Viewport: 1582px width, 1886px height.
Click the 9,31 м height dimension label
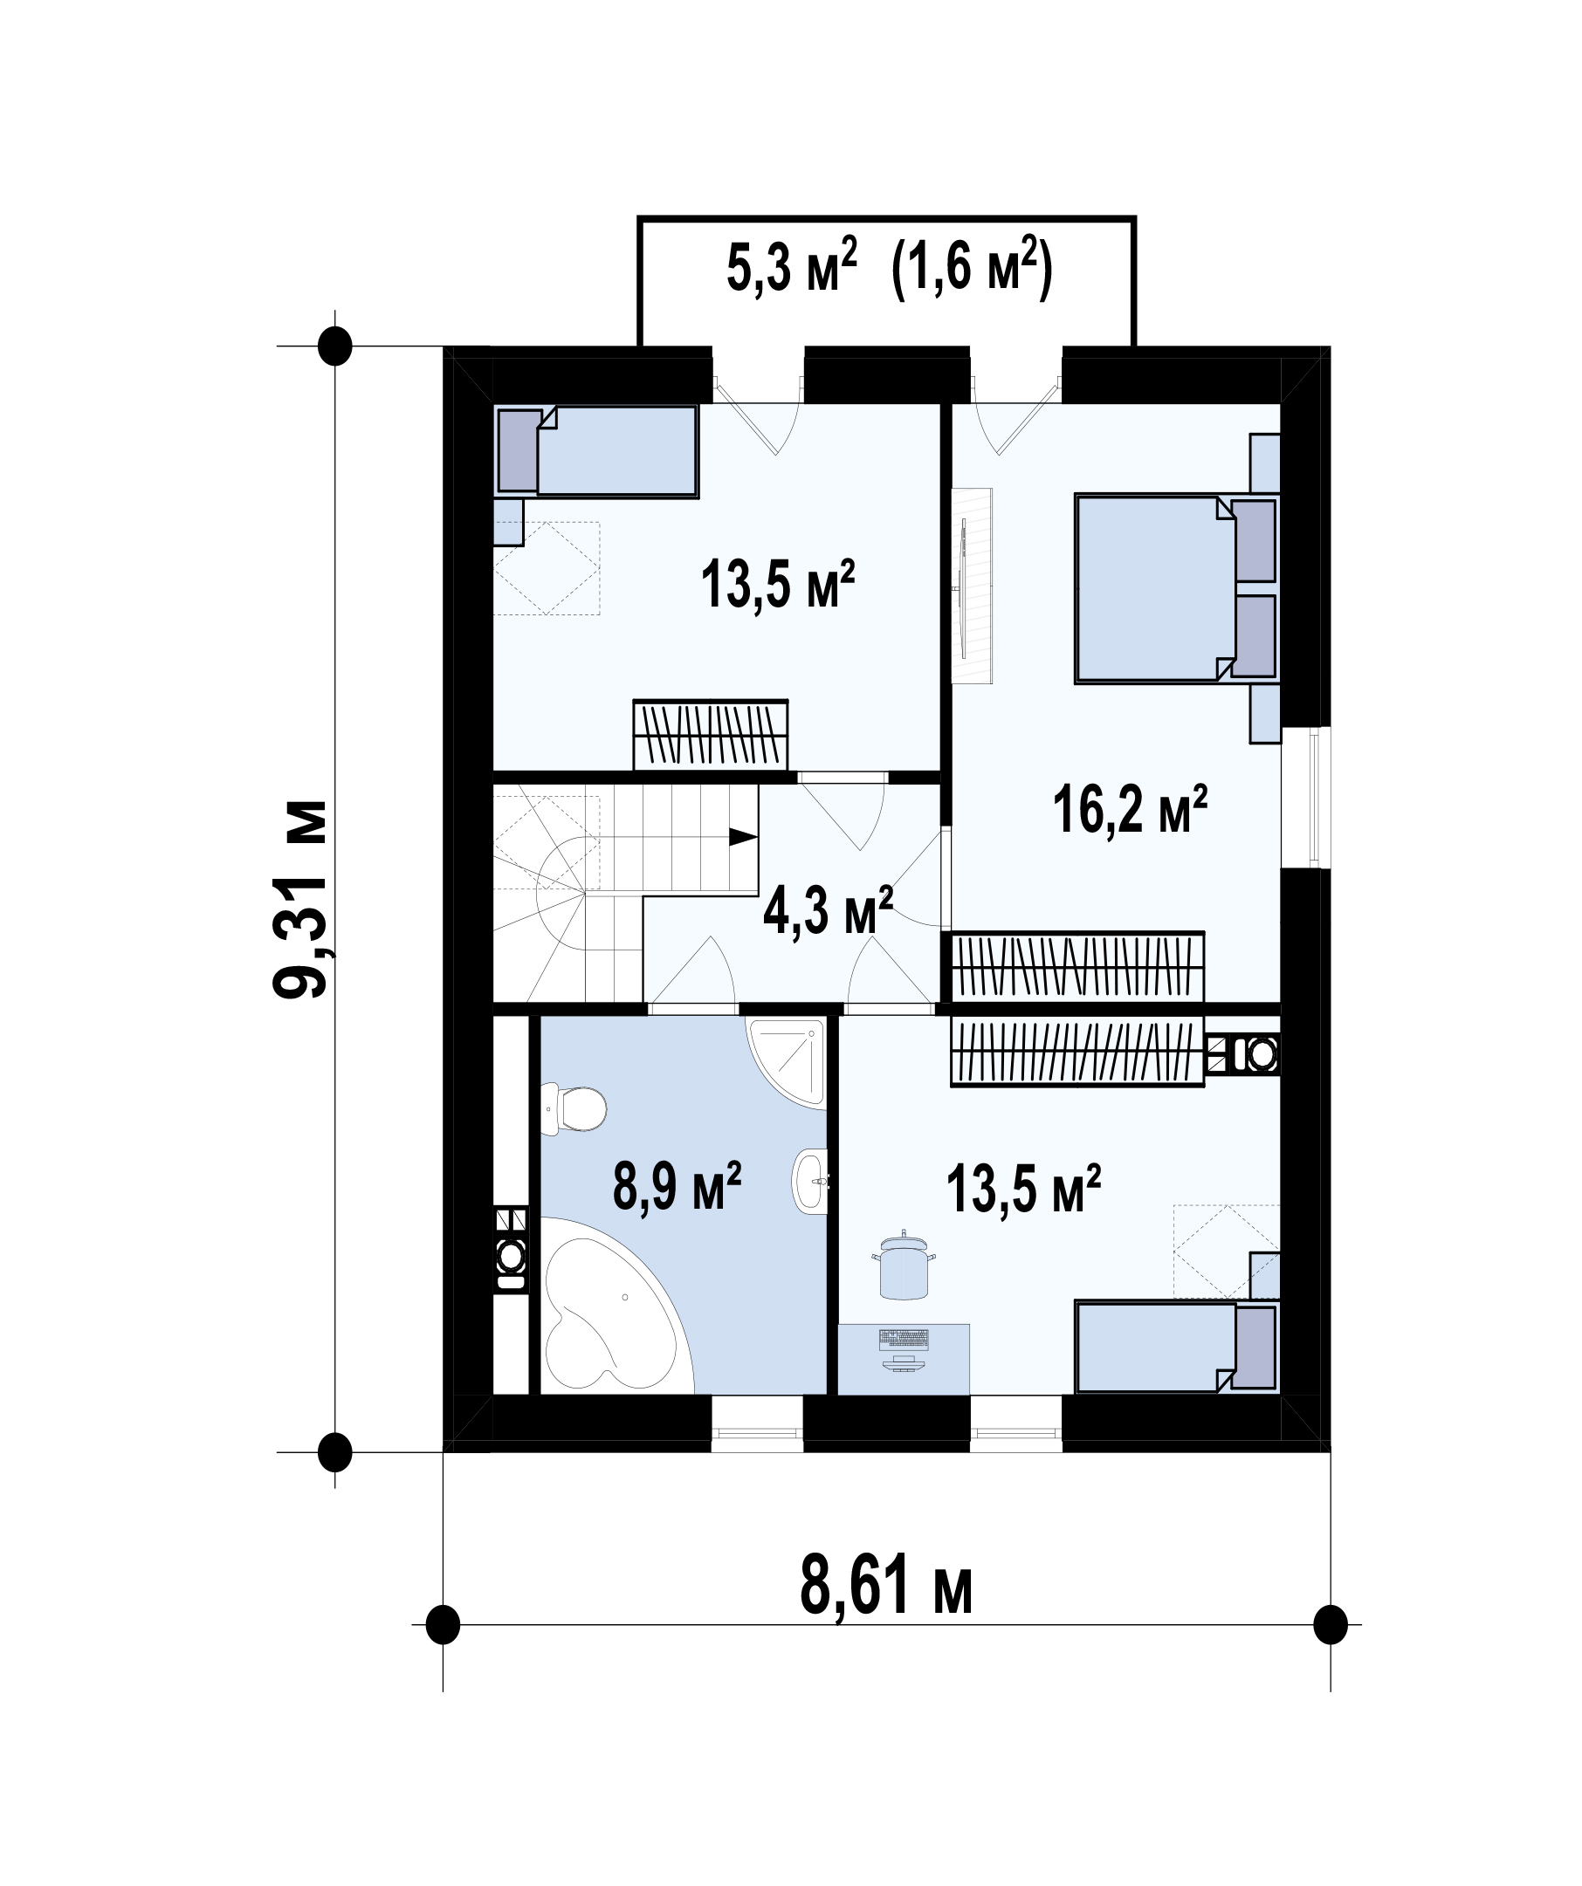(x=300, y=899)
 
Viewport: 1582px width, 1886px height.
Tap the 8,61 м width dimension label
(x=886, y=1588)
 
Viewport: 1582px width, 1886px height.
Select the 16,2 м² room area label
(x=1130, y=809)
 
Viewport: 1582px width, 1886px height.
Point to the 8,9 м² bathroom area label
(x=677, y=1185)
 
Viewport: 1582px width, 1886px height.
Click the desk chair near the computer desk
(x=903, y=1267)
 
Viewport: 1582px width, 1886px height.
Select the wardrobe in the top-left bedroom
(x=711, y=735)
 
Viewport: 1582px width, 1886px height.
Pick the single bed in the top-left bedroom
(x=596, y=450)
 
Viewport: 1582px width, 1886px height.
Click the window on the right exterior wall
(x=1306, y=798)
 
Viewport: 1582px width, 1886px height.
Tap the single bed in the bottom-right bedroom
(x=1177, y=1347)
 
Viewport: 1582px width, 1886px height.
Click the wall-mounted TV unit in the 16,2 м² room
(x=973, y=586)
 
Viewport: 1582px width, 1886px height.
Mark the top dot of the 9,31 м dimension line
(x=335, y=346)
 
